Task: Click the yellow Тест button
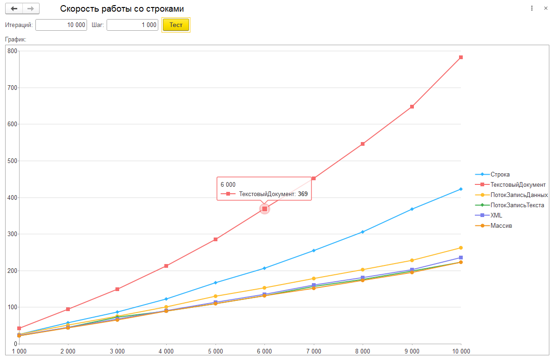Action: (x=176, y=25)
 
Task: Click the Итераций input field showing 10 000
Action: (x=61, y=25)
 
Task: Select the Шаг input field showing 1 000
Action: (x=132, y=25)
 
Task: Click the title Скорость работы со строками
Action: (x=122, y=9)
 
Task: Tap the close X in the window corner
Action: (x=546, y=8)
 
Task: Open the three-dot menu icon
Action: (x=532, y=8)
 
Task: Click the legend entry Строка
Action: (x=500, y=174)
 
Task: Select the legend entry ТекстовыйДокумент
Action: (x=518, y=184)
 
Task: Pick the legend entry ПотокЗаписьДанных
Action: (x=519, y=195)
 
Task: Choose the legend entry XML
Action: (x=496, y=215)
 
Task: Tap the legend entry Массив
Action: (x=501, y=225)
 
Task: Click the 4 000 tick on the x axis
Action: (x=166, y=351)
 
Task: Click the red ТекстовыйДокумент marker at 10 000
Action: (x=461, y=57)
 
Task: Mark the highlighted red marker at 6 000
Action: (x=264, y=209)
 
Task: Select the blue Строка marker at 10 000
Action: (x=461, y=189)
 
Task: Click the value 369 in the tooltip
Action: (x=303, y=194)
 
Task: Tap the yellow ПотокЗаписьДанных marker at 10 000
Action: (x=461, y=248)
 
